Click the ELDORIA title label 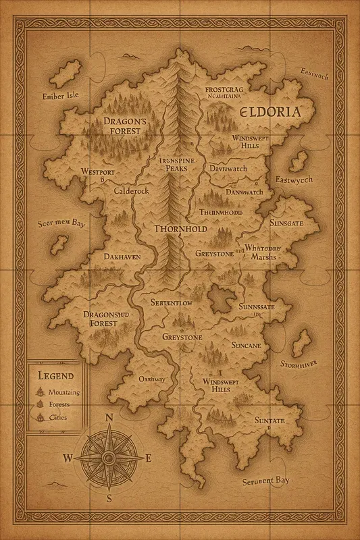point(265,112)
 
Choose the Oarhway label point(152,379)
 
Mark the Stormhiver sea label point(299,365)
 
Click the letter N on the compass point(109,417)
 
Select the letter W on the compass point(68,458)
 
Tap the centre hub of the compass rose point(108,458)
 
